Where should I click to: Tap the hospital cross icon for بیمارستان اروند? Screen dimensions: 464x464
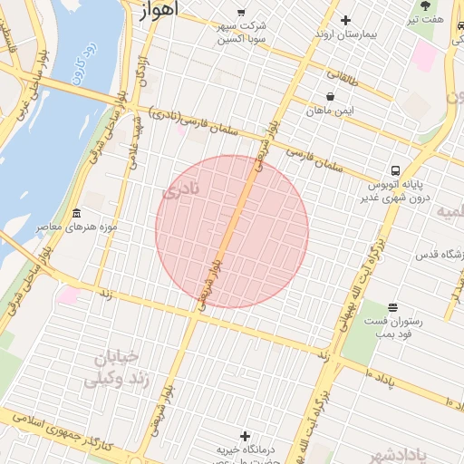[x=345, y=20]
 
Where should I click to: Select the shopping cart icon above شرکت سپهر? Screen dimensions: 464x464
[x=240, y=13]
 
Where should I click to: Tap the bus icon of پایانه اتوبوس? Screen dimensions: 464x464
[x=395, y=170]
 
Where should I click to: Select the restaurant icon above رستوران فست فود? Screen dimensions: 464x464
[x=391, y=309]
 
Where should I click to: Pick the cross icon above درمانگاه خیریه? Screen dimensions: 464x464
[x=244, y=437]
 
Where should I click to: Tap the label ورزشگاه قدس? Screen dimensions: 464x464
[x=440, y=256]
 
